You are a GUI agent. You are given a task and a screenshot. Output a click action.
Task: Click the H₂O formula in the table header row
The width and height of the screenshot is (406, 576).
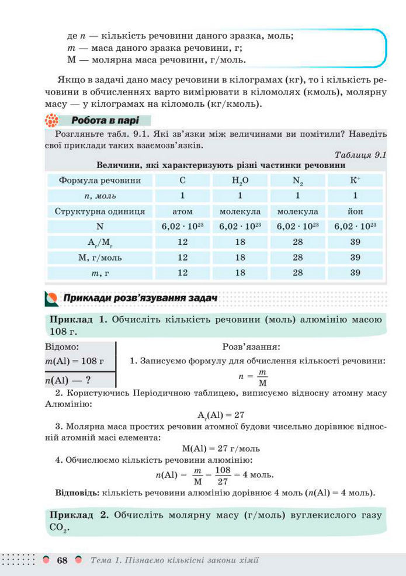point(240,181)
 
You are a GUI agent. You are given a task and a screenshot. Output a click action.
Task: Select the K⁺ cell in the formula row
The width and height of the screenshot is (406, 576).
point(355,181)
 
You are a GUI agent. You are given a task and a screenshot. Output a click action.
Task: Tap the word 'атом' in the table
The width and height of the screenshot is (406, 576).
point(183,211)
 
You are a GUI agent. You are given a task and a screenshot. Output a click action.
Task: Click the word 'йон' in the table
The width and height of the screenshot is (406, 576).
point(355,211)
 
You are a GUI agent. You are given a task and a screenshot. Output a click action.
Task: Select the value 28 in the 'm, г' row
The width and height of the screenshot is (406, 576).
point(298,272)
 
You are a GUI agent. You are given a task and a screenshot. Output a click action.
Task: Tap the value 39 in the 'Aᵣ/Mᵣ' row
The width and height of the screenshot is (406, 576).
point(355,242)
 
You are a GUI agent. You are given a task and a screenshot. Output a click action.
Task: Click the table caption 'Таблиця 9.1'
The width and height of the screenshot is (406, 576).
point(362,155)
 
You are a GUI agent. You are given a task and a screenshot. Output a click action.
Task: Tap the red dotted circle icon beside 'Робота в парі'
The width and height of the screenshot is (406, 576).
point(53,122)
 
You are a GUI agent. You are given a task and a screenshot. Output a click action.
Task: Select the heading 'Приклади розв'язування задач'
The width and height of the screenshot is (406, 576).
point(140,298)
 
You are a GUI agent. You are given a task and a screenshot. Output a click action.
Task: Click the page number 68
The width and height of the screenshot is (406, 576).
point(63,561)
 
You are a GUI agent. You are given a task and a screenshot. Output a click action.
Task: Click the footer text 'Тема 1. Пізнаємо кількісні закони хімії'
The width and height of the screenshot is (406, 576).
point(175,561)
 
